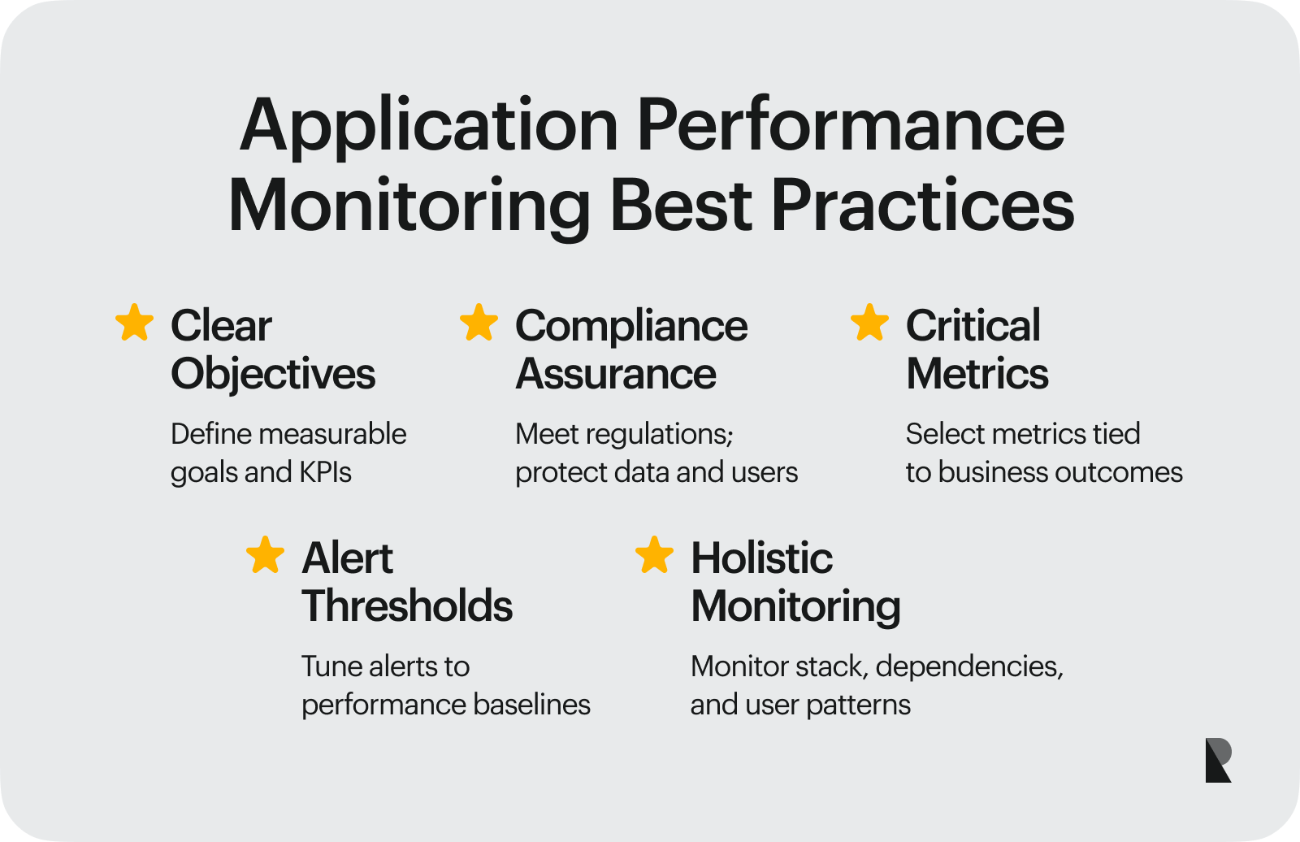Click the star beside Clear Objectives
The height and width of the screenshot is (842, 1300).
point(135,323)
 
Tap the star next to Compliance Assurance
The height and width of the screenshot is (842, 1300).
point(479,323)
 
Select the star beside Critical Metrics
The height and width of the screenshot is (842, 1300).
point(869,323)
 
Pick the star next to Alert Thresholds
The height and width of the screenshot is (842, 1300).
point(265,554)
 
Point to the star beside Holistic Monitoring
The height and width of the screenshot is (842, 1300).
point(655,554)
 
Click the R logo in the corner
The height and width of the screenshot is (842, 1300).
point(1218,760)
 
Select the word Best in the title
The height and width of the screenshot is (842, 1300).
point(681,206)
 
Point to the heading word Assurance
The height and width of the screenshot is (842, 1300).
point(616,373)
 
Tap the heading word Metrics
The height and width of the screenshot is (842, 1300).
point(977,373)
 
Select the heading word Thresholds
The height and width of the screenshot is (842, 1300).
point(407,605)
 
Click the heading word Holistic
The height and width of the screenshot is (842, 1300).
point(762,558)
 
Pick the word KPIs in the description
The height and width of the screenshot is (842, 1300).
point(325,472)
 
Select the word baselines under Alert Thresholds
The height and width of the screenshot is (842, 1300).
point(531,705)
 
